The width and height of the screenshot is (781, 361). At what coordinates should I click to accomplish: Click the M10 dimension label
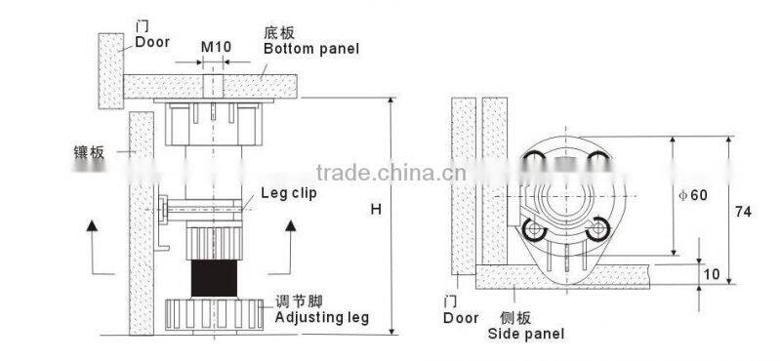[x=215, y=47]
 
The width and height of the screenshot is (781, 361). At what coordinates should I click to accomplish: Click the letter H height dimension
[x=377, y=209]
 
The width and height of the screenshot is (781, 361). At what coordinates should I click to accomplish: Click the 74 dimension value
[x=744, y=209]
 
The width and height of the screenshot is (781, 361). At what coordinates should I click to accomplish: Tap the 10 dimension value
[x=711, y=274]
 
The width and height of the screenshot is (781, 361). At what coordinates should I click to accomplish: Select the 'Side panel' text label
[x=526, y=333]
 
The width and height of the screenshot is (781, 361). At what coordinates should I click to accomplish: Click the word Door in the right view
[x=460, y=318]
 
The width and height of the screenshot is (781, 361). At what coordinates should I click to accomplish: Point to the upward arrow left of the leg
[x=92, y=245]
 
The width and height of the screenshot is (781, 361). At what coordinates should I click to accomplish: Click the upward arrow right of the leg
[x=291, y=245]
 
